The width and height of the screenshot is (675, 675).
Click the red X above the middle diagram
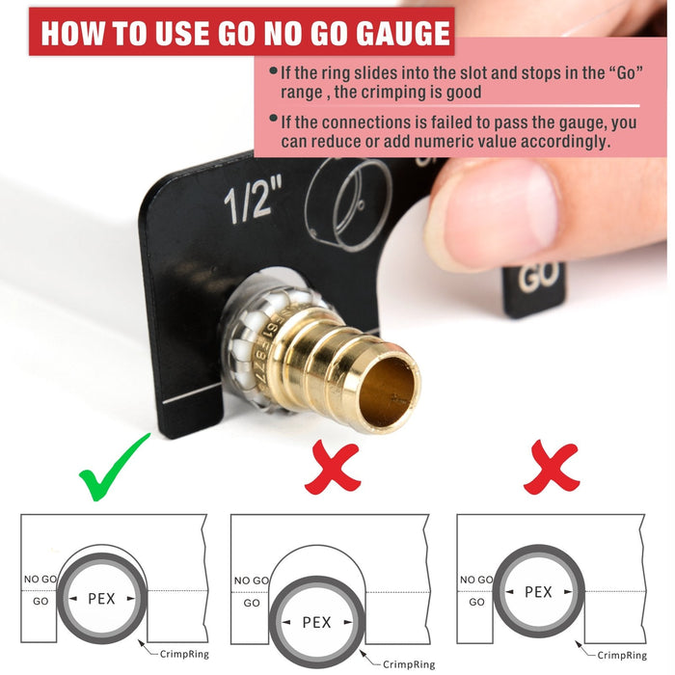(x=333, y=467)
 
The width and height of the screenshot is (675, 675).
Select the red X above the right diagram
(x=551, y=467)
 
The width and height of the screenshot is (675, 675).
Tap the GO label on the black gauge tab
(x=538, y=277)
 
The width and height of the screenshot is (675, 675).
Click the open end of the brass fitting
(x=388, y=392)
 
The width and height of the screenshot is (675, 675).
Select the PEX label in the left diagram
(x=101, y=599)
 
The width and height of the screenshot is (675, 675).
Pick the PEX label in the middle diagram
(x=317, y=622)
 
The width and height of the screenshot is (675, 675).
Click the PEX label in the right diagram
(x=538, y=592)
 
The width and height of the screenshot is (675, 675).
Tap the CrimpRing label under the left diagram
(x=184, y=655)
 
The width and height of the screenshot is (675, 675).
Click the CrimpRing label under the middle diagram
(x=409, y=664)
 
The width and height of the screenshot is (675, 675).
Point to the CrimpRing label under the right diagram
(x=622, y=655)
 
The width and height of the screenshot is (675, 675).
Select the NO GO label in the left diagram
(x=40, y=579)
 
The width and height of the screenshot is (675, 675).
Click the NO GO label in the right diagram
(x=476, y=580)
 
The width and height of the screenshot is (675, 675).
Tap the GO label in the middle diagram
(x=252, y=603)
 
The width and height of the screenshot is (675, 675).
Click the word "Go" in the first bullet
(x=626, y=72)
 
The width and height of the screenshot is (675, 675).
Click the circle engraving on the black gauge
(x=349, y=204)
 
